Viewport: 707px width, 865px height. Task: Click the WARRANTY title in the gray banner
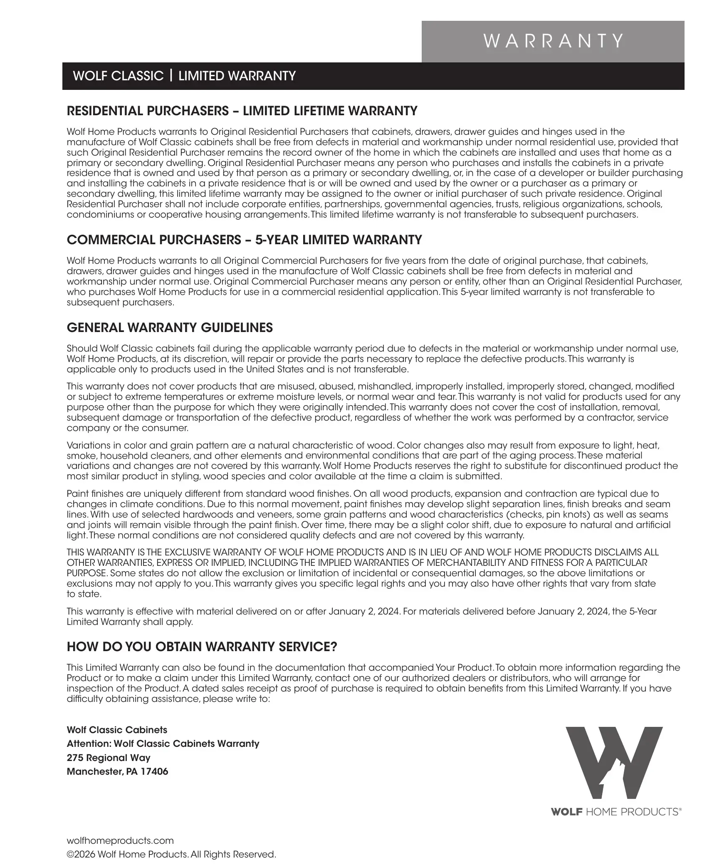click(x=553, y=41)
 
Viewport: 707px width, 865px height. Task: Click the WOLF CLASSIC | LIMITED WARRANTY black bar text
click(x=184, y=76)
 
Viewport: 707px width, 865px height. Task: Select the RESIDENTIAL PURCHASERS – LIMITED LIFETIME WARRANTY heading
click(x=242, y=111)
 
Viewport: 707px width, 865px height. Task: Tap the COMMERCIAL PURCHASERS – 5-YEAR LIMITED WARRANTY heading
click(x=244, y=240)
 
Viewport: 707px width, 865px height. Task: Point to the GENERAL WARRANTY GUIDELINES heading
click(x=170, y=328)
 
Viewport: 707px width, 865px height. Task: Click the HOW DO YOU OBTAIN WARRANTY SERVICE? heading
click(x=202, y=647)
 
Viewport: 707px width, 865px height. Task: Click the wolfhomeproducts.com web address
click(x=120, y=841)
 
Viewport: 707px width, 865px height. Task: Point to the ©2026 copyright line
click(x=171, y=855)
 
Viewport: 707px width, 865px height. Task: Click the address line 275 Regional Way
click(x=109, y=758)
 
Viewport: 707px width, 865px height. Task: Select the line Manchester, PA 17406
click(x=117, y=772)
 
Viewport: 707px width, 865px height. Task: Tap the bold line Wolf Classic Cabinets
click(x=117, y=730)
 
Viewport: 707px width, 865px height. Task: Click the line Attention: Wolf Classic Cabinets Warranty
click(x=163, y=744)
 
